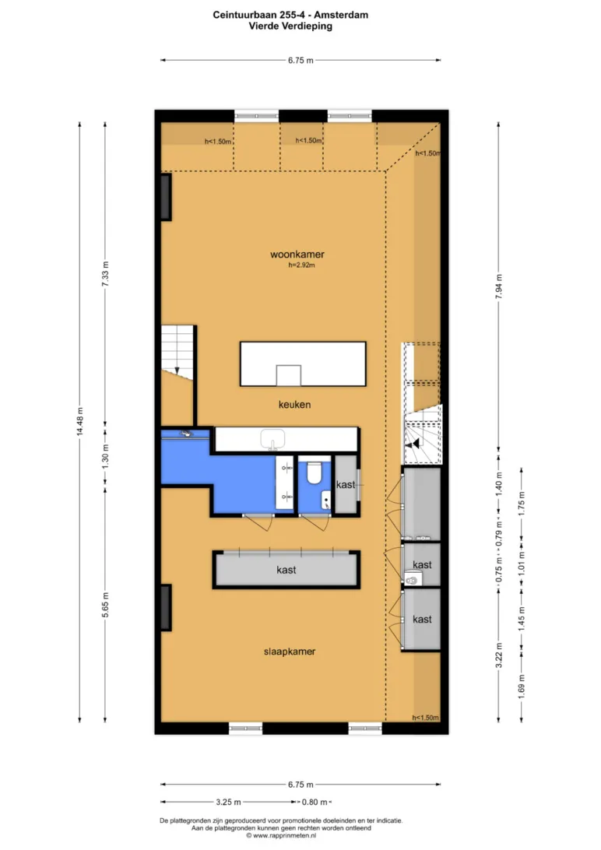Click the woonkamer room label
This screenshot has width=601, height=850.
297,255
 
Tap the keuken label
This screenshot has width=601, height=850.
294,405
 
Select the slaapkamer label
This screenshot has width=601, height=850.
290,652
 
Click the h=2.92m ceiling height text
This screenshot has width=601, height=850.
301,265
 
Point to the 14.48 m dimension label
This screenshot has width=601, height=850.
79,422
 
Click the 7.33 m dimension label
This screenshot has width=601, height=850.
105,274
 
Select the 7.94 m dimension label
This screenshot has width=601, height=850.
498,286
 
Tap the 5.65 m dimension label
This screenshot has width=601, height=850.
105,605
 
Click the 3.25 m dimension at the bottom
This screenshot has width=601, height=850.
228,802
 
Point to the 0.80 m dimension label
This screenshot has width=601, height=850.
315,802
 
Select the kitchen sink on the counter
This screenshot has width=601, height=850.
272,439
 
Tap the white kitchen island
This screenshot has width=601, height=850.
303,364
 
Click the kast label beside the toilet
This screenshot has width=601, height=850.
345,485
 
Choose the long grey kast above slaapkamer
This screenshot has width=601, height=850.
286,569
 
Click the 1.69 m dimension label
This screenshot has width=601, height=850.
522,686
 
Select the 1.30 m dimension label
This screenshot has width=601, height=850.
105,456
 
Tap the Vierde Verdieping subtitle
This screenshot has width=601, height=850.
290,26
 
